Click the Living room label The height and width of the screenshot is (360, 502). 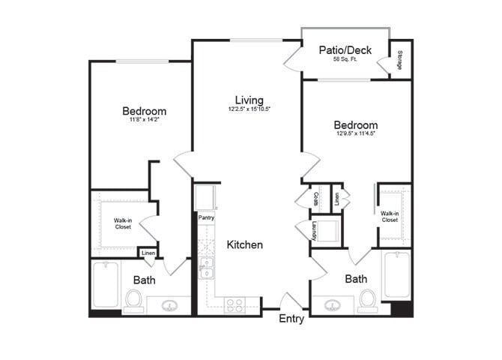click(249, 100)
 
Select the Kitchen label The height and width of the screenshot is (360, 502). click(244, 244)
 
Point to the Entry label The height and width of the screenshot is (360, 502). click(291, 319)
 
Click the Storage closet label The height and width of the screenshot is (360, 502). click(401, 59)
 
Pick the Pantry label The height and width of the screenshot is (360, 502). click(207, 217)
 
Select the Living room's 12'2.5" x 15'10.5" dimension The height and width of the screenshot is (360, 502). click(249, 109)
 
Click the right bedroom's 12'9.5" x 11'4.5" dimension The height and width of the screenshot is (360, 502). click(355, 134)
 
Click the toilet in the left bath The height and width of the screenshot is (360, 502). click(135, 299)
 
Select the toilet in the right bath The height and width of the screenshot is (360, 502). click(368, 298)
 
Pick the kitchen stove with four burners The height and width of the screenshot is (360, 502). click(234, 305)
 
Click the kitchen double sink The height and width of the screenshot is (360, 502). click(206, 267)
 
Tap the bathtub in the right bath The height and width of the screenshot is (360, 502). click(396, 277)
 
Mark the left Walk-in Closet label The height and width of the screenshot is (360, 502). click(123, 223)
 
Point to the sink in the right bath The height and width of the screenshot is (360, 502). click(334, 305)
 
